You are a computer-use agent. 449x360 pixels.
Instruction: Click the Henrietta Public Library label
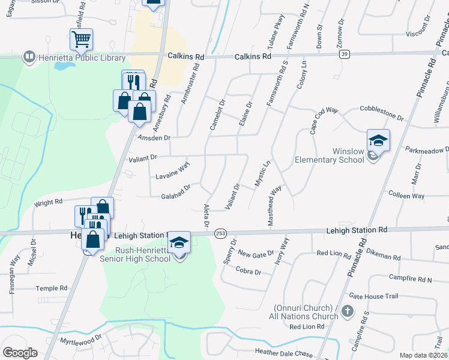[x=82, y=58]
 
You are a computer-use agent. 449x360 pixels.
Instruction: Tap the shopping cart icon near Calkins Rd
[x=81, y=40]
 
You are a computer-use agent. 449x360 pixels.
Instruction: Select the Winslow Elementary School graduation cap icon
[x=378, y=141]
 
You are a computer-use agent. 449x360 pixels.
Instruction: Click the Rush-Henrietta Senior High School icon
[x=179, y=243]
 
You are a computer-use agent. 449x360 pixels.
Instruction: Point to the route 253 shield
[x=220, y=233]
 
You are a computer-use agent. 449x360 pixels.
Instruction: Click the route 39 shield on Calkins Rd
[x=344, y=54]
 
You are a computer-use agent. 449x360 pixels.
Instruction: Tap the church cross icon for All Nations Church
[x=350, y=312]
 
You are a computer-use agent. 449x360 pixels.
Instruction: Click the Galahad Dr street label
[x=176, y=192]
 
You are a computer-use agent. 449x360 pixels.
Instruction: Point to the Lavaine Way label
[x=173, y=170]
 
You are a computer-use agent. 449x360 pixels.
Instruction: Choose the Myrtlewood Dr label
[x=81, y=341]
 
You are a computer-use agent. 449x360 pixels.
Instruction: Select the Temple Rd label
[x=51, y=289]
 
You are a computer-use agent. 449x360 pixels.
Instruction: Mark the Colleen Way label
[x=406, y=196]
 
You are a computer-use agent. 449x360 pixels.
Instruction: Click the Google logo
[x=20, y=352]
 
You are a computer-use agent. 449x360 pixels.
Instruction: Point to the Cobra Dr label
[x=249, y=272]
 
